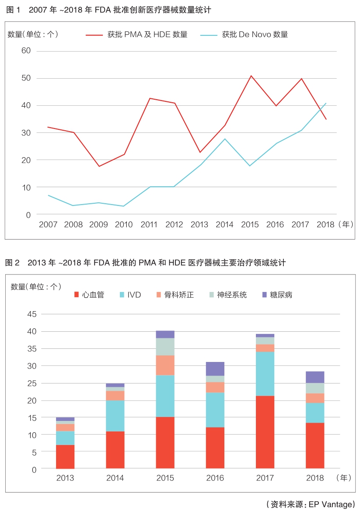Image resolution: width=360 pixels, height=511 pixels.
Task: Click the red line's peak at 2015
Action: pos(251,76)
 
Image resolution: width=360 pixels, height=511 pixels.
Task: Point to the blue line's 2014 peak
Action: pos(225,139)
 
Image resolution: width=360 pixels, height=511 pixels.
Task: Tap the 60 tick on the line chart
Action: pos(26,51)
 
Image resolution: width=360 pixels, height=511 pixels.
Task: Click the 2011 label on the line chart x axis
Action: pos(149,225)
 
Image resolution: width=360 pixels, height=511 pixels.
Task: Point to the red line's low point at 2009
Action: pos(98,166)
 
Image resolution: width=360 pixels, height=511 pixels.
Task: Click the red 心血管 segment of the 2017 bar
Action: pos(265,432)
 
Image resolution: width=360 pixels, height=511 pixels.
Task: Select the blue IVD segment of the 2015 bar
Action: pos(165,396)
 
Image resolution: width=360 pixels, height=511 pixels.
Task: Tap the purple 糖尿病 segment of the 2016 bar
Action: pos(215,368)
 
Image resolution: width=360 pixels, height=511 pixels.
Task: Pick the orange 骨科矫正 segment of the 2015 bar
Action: pos(165,365)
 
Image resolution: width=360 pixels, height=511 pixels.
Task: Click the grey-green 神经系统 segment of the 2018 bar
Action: pos(315,388)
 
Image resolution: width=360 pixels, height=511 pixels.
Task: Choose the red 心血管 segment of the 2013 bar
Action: pos(65,456)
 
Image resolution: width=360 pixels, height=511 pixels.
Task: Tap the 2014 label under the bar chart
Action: pos(115,478)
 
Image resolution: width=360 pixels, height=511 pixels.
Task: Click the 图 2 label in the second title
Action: pos(13,263)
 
